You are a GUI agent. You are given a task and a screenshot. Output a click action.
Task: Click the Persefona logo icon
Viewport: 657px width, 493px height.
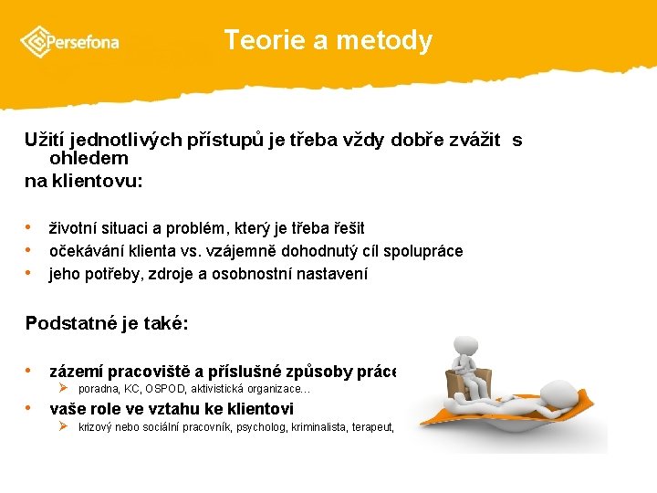tap(37, 41)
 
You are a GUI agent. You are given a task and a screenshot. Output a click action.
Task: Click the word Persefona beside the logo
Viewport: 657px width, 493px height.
tap(83, 42)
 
